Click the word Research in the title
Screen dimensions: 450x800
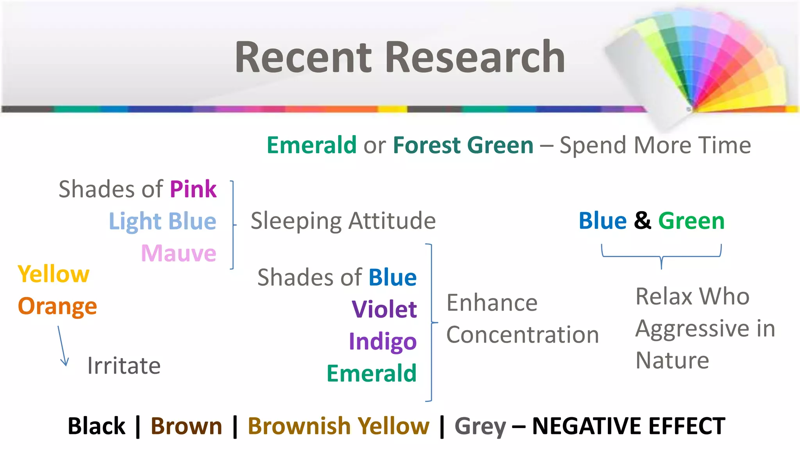pyautogui.click(x=475, y=57)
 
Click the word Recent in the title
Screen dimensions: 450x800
pyautogui.click(x=304, y=57)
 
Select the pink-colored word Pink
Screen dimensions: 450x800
pyautogui.click(x=193, y=189)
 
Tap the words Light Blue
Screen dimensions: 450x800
pyautogui.click(x=162, y=221)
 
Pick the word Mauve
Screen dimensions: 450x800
pyautogui.click(x=179, y=254)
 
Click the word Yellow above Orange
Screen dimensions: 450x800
pyautogui.click(x=54, y=274)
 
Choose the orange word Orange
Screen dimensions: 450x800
pyautogui.click(x=57, y=306)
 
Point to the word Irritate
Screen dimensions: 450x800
pyautogui.click(x=124, y=366)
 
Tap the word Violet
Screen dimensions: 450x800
pyautogui.click(x=384, y=310)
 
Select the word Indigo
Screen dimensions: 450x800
pyautogui.click(x=383, y=342)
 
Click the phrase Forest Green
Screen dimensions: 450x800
pyautogui.click(x=463, y=145)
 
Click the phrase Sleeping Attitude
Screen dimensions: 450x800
pyautogui.click(x=343, y=221)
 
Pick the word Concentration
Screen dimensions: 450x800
pyautogui.click(x=522, y=335)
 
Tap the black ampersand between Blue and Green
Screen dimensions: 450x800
pyautogui.click(x=642, y=221)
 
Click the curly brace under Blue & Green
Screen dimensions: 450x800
pyautogui.click(x=661, y=256)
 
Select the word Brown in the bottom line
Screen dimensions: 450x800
pyautogui.click(x=186, y=426)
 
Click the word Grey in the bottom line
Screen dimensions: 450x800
pyautogui.click(x=480, y=426)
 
